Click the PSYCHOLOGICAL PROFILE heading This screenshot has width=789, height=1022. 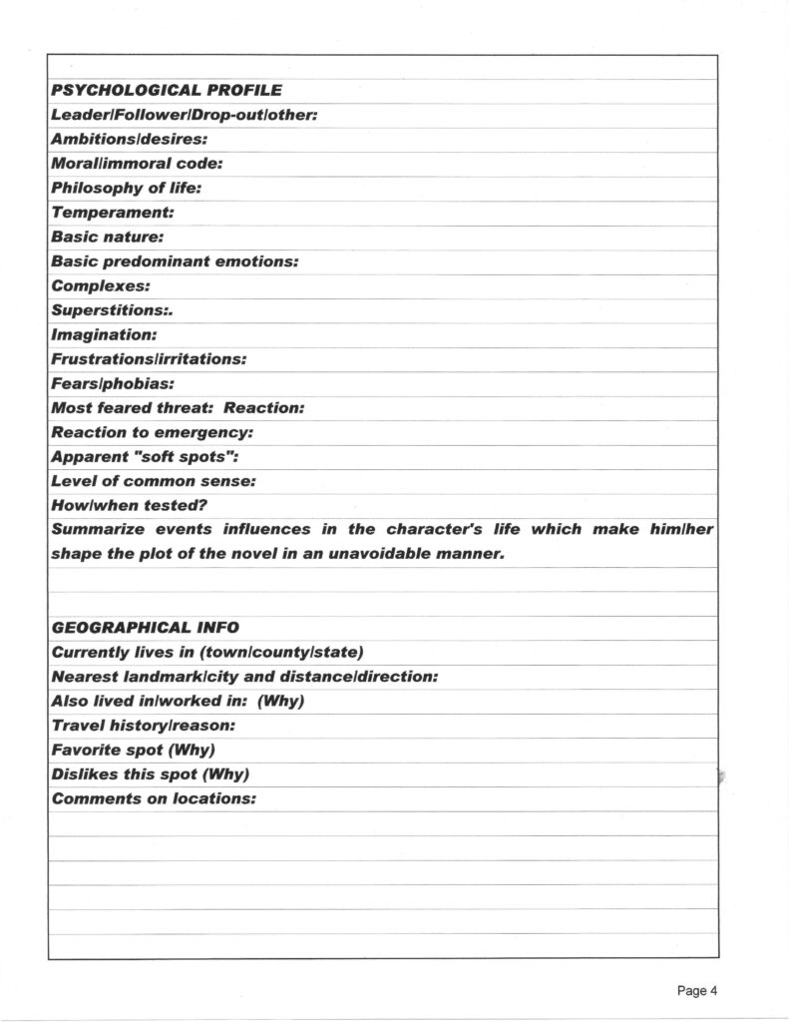[166, 91]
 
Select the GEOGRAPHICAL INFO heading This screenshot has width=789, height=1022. [145, 628]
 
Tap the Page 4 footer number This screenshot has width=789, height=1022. [697, 990]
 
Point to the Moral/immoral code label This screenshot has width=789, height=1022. [137, 164]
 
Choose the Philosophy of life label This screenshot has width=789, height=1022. [127, 188]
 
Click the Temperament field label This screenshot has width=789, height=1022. [113, 213]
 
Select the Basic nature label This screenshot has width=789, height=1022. [108, 238]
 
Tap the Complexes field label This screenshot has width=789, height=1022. [100, 285]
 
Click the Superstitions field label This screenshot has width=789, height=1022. [112, 310]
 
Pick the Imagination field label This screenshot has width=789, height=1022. [104, 334]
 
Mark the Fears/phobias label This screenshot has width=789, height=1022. [113, 383]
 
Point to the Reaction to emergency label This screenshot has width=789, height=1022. [152, 432]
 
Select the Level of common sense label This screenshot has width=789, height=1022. [154, 481]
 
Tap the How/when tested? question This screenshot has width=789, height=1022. [129, 505]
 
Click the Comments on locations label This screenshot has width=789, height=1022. [154, 798]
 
